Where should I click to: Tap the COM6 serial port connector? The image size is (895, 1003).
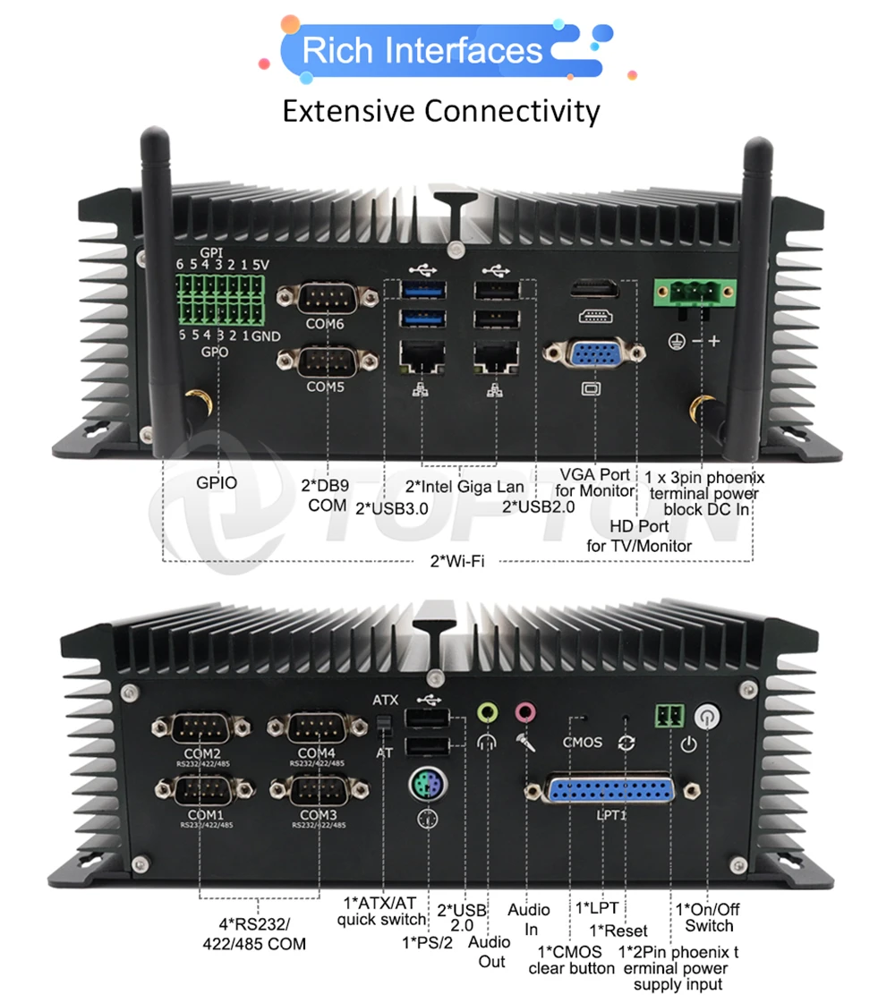pyautogui.click(x=325, y=296)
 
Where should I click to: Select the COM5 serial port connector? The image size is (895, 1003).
pyautogui.click(x=325, y=360)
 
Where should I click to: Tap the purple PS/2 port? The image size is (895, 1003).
pyautogui.click(x=429, y=786)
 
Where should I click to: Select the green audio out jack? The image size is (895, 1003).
pyautogui.click(x=488, y=712)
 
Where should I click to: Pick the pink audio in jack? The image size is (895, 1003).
pyautogui.click(x=524, y=712)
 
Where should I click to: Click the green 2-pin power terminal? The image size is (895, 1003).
pyautogui.click(x=670, y=714)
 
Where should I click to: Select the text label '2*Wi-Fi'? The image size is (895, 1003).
pyautogui.click(x=457, y=562)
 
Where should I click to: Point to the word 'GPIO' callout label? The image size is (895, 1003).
pyautogui.click(x=217, y=483)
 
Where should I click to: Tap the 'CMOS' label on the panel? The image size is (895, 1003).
pyautogui.click(x=582, y=742)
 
